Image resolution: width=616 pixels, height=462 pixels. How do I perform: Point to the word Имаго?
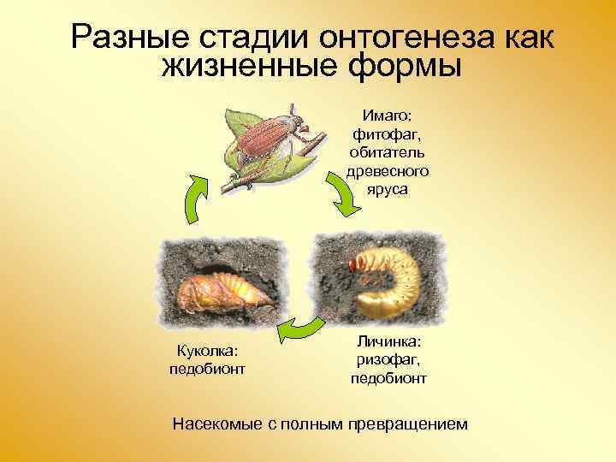pos(388,115)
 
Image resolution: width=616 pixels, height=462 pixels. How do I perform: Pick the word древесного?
pos(388,172)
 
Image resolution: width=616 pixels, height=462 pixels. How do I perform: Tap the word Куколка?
pos(209,351)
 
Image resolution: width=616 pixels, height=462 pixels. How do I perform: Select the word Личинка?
pos(388,342)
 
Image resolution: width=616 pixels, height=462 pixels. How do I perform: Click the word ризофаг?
pos(388,360)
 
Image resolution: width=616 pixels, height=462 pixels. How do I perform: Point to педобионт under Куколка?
pos(209,369)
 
